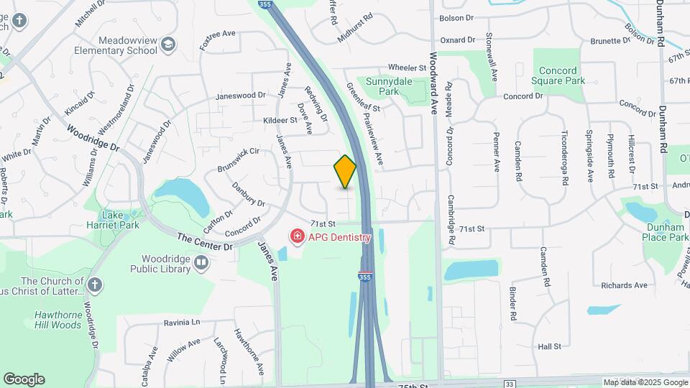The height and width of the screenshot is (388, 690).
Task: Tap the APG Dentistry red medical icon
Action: [296, 236]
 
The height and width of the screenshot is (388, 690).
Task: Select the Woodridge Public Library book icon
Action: [202, 264]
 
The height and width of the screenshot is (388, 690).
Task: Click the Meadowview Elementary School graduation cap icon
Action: [168, 45]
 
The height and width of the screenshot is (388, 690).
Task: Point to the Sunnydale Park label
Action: [388, 86]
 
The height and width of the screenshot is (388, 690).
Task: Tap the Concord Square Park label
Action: [558, 76]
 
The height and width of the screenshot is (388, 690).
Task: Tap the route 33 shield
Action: [509, 384]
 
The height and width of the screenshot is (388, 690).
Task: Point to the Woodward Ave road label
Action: [433, 79]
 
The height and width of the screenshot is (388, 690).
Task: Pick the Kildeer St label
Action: [280, 120]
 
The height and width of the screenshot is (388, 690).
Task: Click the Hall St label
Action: [549, 346]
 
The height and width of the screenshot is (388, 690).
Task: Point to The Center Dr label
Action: [204, 241]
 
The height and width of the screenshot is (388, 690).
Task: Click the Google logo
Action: [24, 379]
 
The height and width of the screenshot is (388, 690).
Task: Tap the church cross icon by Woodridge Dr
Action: [93, 285]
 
